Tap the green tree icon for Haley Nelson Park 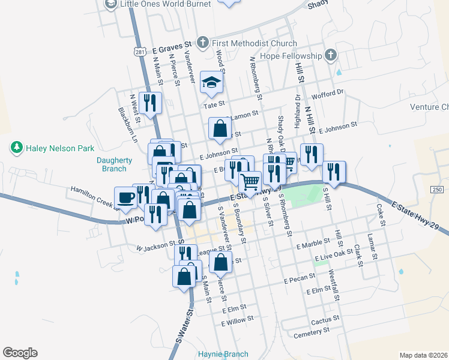(16, 147)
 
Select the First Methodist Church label (254, 43)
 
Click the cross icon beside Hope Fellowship (330, 56)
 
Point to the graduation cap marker (211, 83)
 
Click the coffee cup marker (126, 197)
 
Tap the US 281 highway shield (139, 52)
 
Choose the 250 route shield (437, 190)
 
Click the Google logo (20, 353)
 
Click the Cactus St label (325, 318)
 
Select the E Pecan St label (300, 280)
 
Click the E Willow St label (237, 322)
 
